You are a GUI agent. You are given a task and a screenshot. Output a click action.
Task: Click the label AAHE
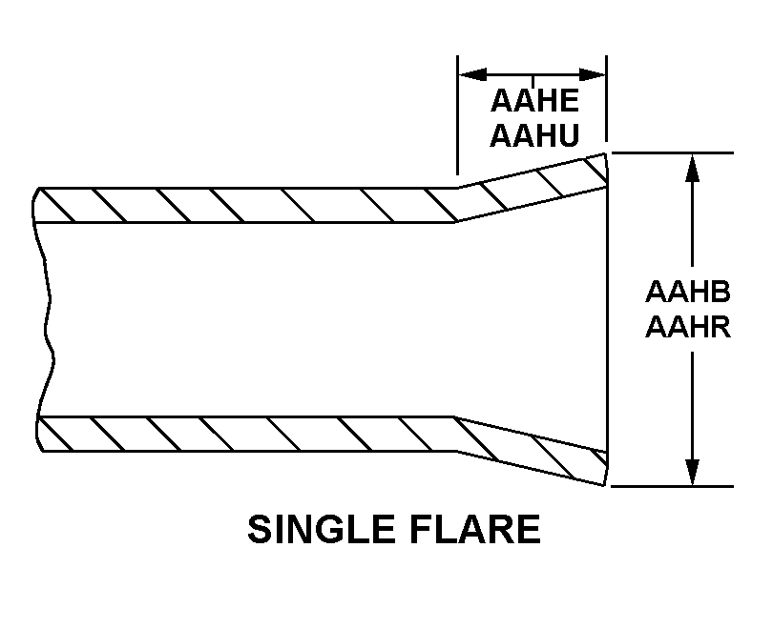[x=534, y=100]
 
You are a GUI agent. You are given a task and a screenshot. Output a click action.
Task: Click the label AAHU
[x=534, y=135]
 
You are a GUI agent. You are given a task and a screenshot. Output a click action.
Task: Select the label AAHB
[x=688, y=292]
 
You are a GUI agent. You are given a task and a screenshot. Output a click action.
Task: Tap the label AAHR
[x=688, y=326]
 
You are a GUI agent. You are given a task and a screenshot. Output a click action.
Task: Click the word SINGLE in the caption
[x=320, y=529]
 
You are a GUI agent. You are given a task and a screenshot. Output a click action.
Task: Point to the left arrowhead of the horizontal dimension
[x=472, y=74]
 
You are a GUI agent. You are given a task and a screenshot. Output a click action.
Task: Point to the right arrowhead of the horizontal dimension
[x=592, y=74]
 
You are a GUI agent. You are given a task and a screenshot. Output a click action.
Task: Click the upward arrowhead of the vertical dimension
[x=693, y=168]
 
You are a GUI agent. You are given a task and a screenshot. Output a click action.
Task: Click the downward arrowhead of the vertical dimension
[x=693, y=472]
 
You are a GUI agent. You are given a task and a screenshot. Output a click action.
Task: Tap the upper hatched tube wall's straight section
[x=246, y=205]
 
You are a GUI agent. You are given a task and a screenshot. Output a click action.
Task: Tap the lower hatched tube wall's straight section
[x=246, y=434]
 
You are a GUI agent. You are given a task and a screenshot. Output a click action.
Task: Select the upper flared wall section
[x=533, y=187]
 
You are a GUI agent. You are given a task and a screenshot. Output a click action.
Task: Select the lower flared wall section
[x=533, y=451]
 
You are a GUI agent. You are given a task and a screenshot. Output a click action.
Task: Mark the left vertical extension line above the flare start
[x=457, y=115]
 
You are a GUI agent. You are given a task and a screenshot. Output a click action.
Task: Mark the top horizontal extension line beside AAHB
[x=673, y=153]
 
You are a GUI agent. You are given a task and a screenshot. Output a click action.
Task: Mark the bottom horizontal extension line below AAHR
[x=673, y=486]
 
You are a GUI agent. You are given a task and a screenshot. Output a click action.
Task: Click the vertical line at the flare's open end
[x=607, y=319]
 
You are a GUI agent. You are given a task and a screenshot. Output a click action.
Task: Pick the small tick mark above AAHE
[x=533, y=81]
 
